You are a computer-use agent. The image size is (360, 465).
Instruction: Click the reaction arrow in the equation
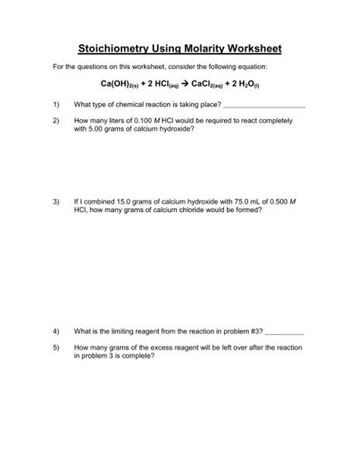click(186, 86)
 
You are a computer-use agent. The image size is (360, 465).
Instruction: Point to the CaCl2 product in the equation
click(211, 87)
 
